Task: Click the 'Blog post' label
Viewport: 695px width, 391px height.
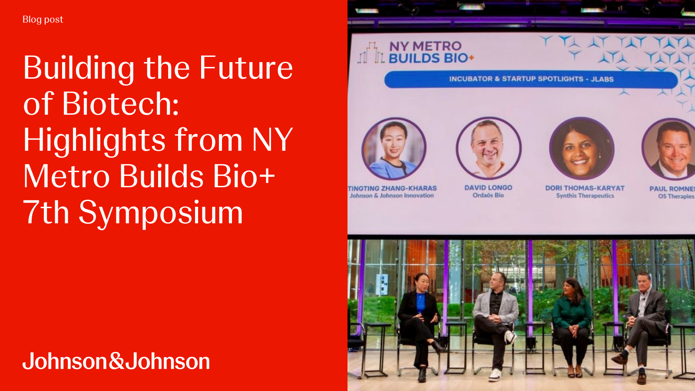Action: pyautogui.click(x=43, y=20)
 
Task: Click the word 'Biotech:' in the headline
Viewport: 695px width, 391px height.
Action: pyautogui.click(x=120, y=104)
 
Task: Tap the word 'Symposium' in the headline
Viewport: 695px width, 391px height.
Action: pyautogui.click(x=160, y=213)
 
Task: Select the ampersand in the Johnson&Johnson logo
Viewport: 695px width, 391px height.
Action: pyautogui.click(x=116, y=361)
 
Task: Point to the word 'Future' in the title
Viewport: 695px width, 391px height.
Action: pyautogui.click(x=246, y=68)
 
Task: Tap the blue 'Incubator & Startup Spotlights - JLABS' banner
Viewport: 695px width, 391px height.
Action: pyautogui.click(x=531, y=79)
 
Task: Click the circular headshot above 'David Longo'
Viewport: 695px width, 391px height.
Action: pyautogui.click(x=488, y=149)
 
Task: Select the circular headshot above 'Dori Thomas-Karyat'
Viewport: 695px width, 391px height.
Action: pyautogui.click(x=582, y=149)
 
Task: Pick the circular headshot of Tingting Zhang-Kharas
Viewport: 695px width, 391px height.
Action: pyautogui.click(x=394, y=149)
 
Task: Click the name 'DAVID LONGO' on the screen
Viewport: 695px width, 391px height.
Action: pyautogui.click(x=488, y=188)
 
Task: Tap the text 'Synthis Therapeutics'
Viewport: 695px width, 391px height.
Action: pyautogui.click(x=585, y=196)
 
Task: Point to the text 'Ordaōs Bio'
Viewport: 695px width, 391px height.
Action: pyautogui.click(x=488, y=195)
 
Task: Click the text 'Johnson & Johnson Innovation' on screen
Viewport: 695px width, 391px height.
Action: pyautogui.click(x=392, y=196)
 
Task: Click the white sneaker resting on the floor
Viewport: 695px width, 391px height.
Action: pyautogui.click(x=495, y=374)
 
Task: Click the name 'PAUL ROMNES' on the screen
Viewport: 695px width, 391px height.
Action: pyautogui.click(x=672, y=189)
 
